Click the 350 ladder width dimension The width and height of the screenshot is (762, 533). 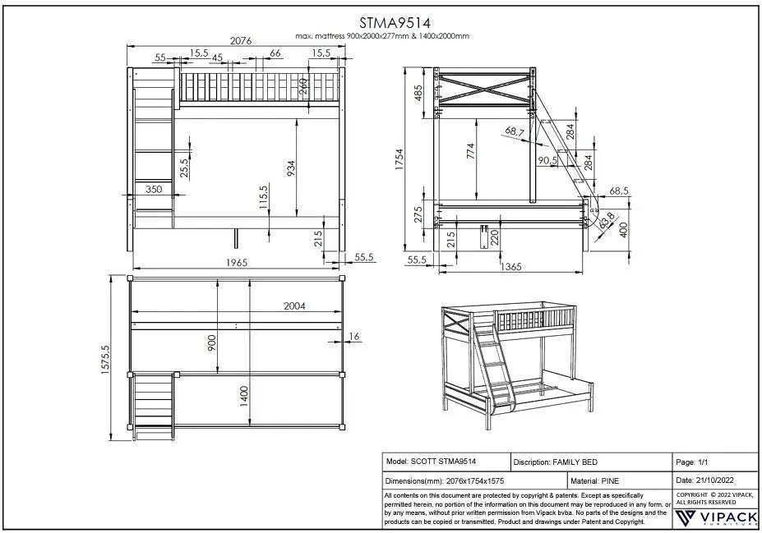point(154,189)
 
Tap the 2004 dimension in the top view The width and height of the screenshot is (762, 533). point(294,306)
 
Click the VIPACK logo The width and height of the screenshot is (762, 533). point(715,517)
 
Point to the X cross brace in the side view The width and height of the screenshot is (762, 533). point(485,89)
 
